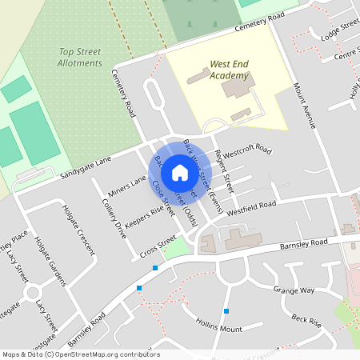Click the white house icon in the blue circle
tap(180, 172)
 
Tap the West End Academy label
tap(229, 70)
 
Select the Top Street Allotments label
tap(80, 58)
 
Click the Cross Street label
tap(157, 246)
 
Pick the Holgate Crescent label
tap(78, 227)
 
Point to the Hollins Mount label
tap(218, 327)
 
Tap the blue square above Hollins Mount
tap(226, 310)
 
